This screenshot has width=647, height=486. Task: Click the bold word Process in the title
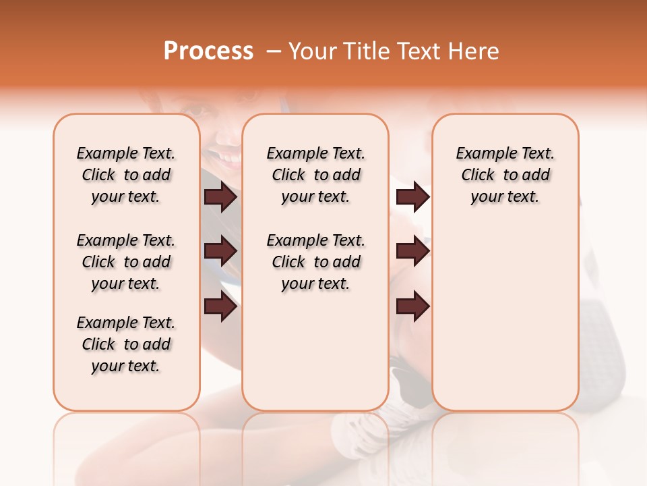pos(208,51)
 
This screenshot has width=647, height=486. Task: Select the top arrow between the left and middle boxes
pos(221,197)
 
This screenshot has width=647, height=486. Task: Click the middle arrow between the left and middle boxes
pos(221,252)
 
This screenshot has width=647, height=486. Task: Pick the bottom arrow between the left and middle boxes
pos(221,307)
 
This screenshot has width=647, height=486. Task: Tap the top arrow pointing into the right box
pos(412,197)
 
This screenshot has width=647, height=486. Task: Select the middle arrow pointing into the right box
pos(412,252)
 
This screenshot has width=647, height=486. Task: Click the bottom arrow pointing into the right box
pos(412,307)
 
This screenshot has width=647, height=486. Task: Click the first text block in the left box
pos(126,175)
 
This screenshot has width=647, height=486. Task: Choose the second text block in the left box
pos(126,262)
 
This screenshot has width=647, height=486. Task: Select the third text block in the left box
pos(126,344)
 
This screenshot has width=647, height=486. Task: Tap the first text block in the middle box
pos(315,175)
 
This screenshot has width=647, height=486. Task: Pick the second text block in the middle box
pos(315,262)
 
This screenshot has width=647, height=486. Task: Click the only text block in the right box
pos(505,175)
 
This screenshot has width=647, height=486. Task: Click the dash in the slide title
pos(273,52)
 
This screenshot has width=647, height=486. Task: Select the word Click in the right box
pos(478,175)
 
